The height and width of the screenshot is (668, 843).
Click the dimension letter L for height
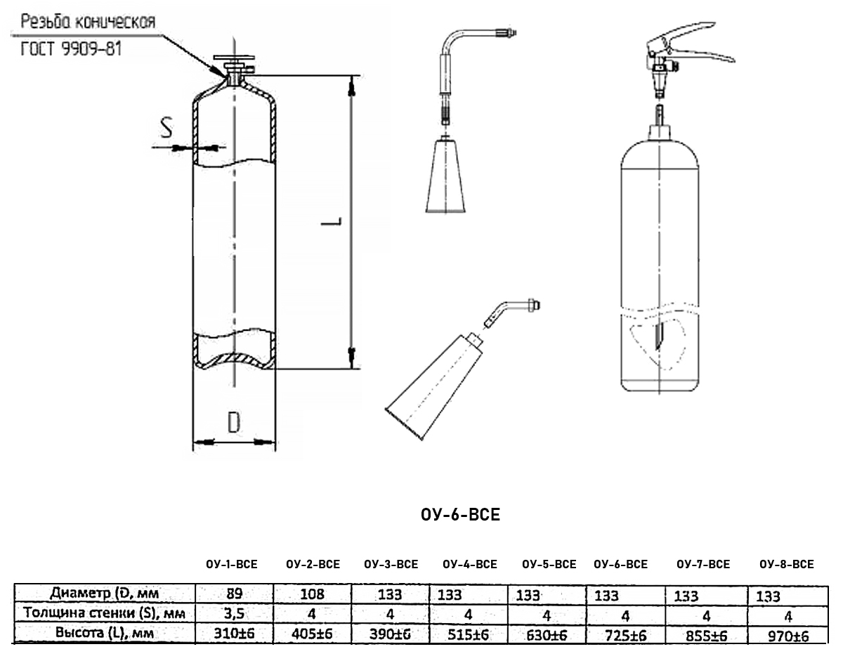click(x=335, y=222)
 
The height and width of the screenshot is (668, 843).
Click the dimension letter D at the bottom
click(x=233, y=421)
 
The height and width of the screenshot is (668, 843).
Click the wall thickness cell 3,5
click(x=231, y=614)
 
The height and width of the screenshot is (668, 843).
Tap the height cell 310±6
click(x=231, y=634)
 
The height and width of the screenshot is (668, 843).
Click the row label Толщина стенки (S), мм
click(x=104, y=613)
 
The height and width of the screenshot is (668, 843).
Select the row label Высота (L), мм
click(x=104, y=633)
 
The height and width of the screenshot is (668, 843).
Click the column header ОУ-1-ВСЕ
click(x=231, y=565)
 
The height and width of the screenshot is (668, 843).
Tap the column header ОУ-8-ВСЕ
click(x=787, y=565)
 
